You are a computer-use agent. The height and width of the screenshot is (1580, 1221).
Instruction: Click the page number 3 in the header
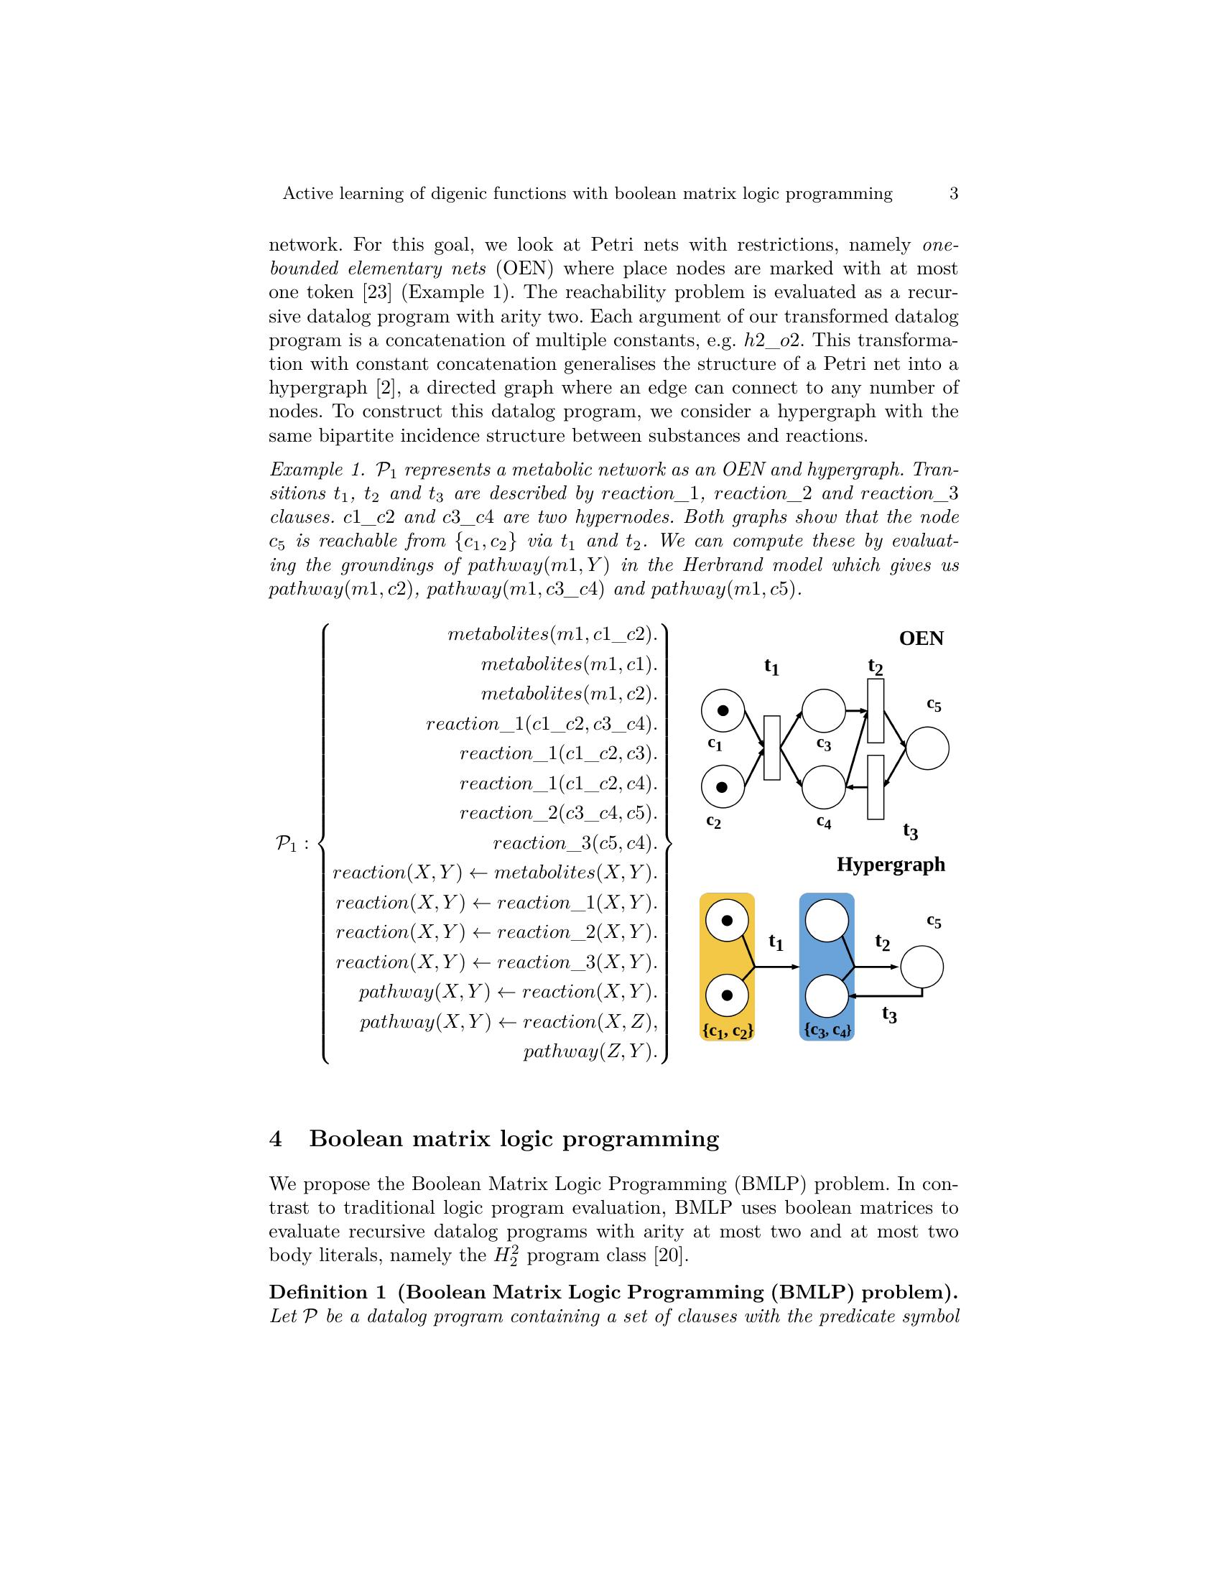tap(953, 194)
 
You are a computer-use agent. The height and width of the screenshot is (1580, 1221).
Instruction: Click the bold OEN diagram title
tap(921, 638)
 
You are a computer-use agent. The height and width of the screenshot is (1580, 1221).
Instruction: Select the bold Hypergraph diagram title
tap(891, 865)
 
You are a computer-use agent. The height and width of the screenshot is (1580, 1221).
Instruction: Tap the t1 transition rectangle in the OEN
tap(772, 748)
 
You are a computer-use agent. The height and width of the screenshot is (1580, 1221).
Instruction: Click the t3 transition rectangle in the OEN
tap(876, 787)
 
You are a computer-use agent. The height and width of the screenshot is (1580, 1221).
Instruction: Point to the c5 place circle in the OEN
tap(927, 748)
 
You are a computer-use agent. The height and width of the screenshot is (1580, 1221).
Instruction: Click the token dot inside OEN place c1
tap(723, 710)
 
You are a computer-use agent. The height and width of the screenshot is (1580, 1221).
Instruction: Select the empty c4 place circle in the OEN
tap(824, 786)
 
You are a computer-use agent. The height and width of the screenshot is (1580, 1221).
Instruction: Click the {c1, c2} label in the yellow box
tap(727, 1031)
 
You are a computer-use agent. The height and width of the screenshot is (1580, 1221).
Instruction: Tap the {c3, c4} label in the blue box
tap(827, 1031)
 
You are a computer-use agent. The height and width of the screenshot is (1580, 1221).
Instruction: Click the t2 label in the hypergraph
tap(882, 942)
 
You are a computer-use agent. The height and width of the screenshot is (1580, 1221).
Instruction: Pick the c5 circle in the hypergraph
tap(922, 967)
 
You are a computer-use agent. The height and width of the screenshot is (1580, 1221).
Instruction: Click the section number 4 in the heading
tap(276, 1140)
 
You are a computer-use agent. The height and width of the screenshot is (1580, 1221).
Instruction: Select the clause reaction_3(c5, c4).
tap(575, 843)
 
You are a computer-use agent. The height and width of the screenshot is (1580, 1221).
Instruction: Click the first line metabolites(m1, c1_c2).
tap(552, 634)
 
